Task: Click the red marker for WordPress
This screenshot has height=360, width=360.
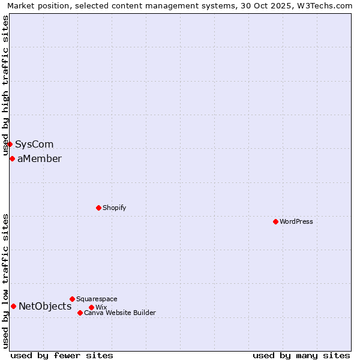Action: coord(275,221)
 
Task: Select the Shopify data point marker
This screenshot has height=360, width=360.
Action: coord(98,208)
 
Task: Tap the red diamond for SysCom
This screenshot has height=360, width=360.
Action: coord(10,144)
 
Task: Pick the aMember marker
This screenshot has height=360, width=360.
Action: coord(12,158)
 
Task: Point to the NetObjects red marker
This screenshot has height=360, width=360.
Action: coord(13,306)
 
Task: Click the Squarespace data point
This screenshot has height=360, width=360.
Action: coord(72,299)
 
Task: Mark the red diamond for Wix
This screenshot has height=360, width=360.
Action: coord(91,307)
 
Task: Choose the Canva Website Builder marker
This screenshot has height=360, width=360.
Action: coord(80,313)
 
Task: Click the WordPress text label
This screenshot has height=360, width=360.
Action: coord(296,221)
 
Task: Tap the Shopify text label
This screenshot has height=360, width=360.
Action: coord(114,208)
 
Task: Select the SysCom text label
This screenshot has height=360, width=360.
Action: coord(34,144)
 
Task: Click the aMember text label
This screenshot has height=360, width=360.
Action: coord(39,158)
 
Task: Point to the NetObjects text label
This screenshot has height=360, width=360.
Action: coord(45,306)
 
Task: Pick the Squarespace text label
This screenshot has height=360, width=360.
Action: coord(97,299)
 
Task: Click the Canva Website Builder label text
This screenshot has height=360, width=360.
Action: coord(120,313)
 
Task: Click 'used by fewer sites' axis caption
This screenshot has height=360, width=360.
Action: coord(62,355)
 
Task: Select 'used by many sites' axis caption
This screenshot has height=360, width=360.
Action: coord(301,355)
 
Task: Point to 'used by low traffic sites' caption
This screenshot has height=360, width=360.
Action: coord(6,281)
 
